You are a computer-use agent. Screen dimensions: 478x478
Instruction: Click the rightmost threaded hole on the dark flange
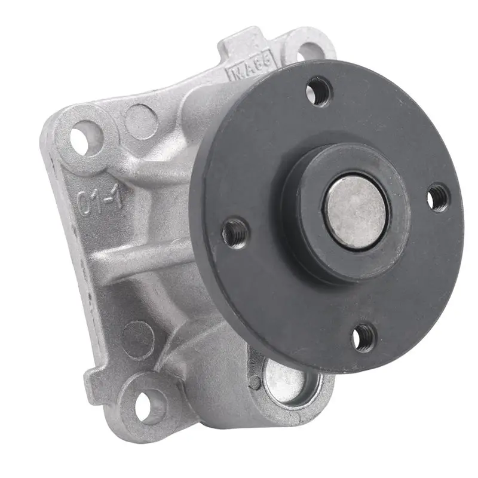tap(439, 198)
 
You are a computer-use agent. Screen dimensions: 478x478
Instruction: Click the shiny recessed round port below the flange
tap(287, 379)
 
